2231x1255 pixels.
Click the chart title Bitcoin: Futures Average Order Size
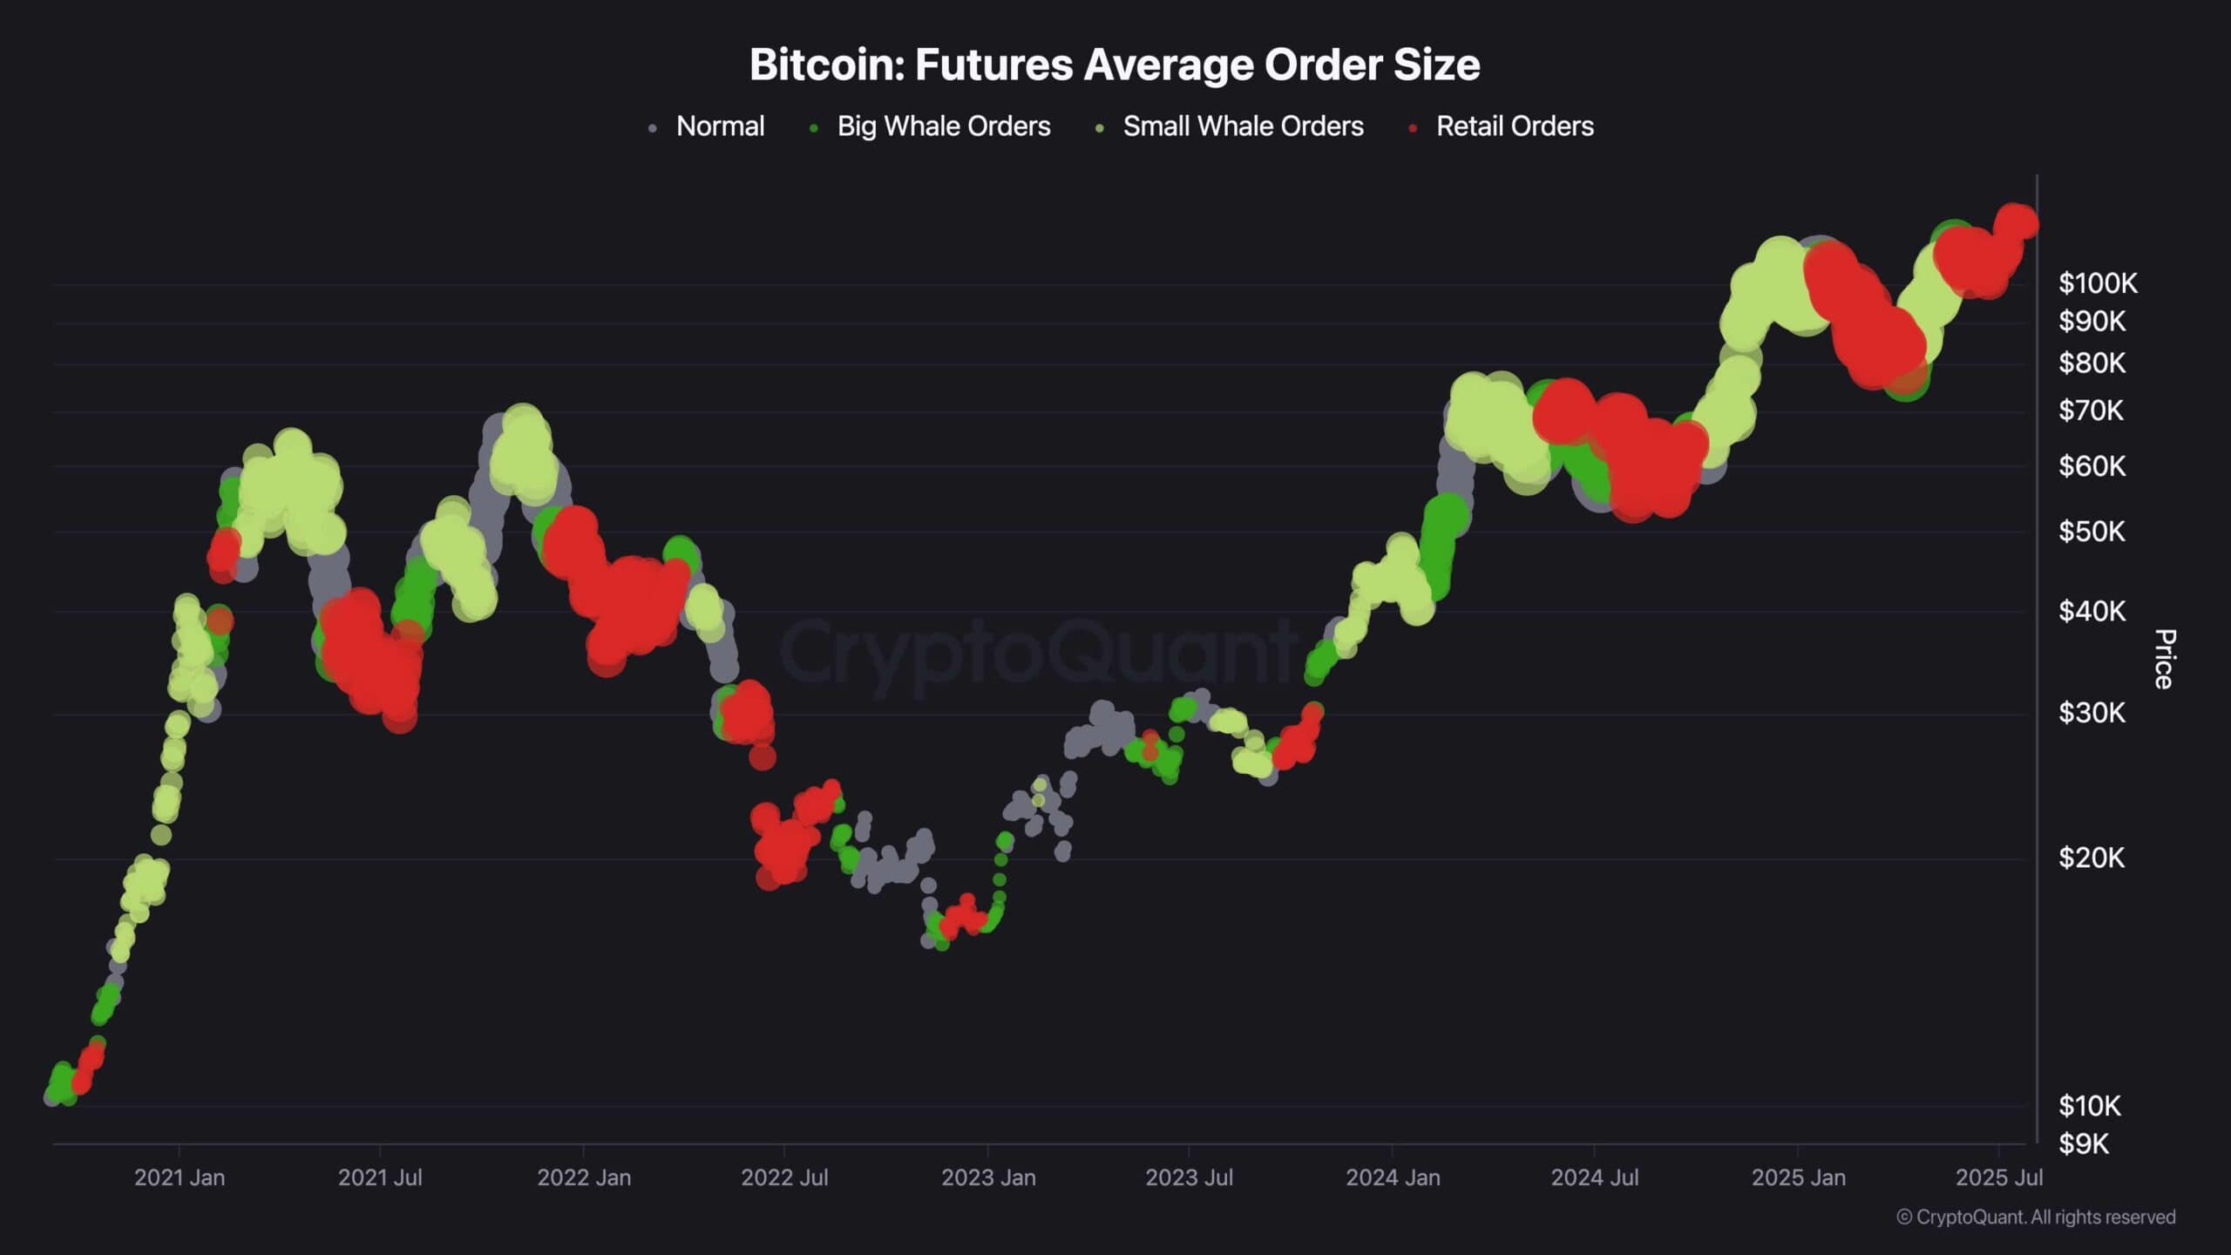tap(1115, 64)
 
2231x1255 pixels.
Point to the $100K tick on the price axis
tap(2098, 283)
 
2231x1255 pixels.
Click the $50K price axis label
tap(2092, 532)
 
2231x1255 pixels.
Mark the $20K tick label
tap(2092, 858)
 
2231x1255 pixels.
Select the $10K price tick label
tap(2090, 1106)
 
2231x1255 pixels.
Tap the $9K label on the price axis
tap(2084, 1143)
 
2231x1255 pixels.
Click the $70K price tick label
tap(2092, 410)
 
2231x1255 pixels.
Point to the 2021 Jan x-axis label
tap(180, 1177)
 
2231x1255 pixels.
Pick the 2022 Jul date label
tap(784, 1177)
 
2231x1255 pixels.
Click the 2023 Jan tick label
tap(988, 1177)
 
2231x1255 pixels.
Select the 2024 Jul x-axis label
tap(1595, 1177)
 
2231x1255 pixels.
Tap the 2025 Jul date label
tap(1998, 1177)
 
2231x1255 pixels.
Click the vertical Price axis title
tap(2164, 659)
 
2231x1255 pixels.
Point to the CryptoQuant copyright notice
tap(2036, 1218)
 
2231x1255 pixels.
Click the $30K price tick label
tap(2092, 713)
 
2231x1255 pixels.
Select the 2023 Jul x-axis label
tap(1189, 1177)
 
